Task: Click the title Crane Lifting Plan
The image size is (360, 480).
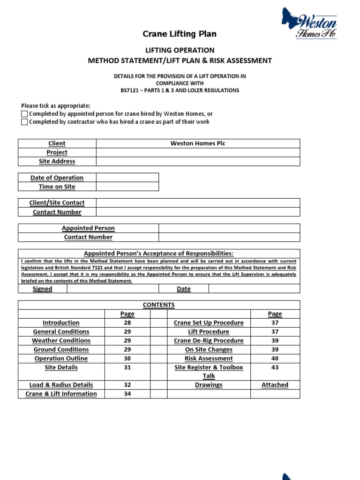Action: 180,34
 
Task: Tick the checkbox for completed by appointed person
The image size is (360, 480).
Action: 24,114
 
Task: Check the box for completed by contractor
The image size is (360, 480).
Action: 24,122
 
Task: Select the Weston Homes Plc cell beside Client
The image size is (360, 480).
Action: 197,143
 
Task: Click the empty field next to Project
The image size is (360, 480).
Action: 197,152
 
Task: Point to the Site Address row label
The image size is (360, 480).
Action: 57,161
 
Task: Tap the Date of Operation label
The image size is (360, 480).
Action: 57,178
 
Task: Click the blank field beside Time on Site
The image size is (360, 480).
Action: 127,187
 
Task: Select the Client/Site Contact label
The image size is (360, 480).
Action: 57,203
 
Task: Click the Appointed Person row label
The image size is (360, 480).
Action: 88,228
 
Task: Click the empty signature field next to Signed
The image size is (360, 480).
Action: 112,289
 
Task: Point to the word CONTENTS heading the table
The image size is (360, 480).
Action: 158,305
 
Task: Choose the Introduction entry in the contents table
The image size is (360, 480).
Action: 61,323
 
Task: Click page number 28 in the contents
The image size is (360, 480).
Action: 127,323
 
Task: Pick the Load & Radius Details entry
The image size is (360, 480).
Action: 61,385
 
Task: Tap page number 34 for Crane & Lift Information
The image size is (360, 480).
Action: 127,394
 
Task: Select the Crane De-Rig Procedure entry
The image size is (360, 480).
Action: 209,341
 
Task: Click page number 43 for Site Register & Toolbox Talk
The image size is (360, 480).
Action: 275,367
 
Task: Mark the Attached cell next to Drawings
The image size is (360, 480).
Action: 275,385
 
